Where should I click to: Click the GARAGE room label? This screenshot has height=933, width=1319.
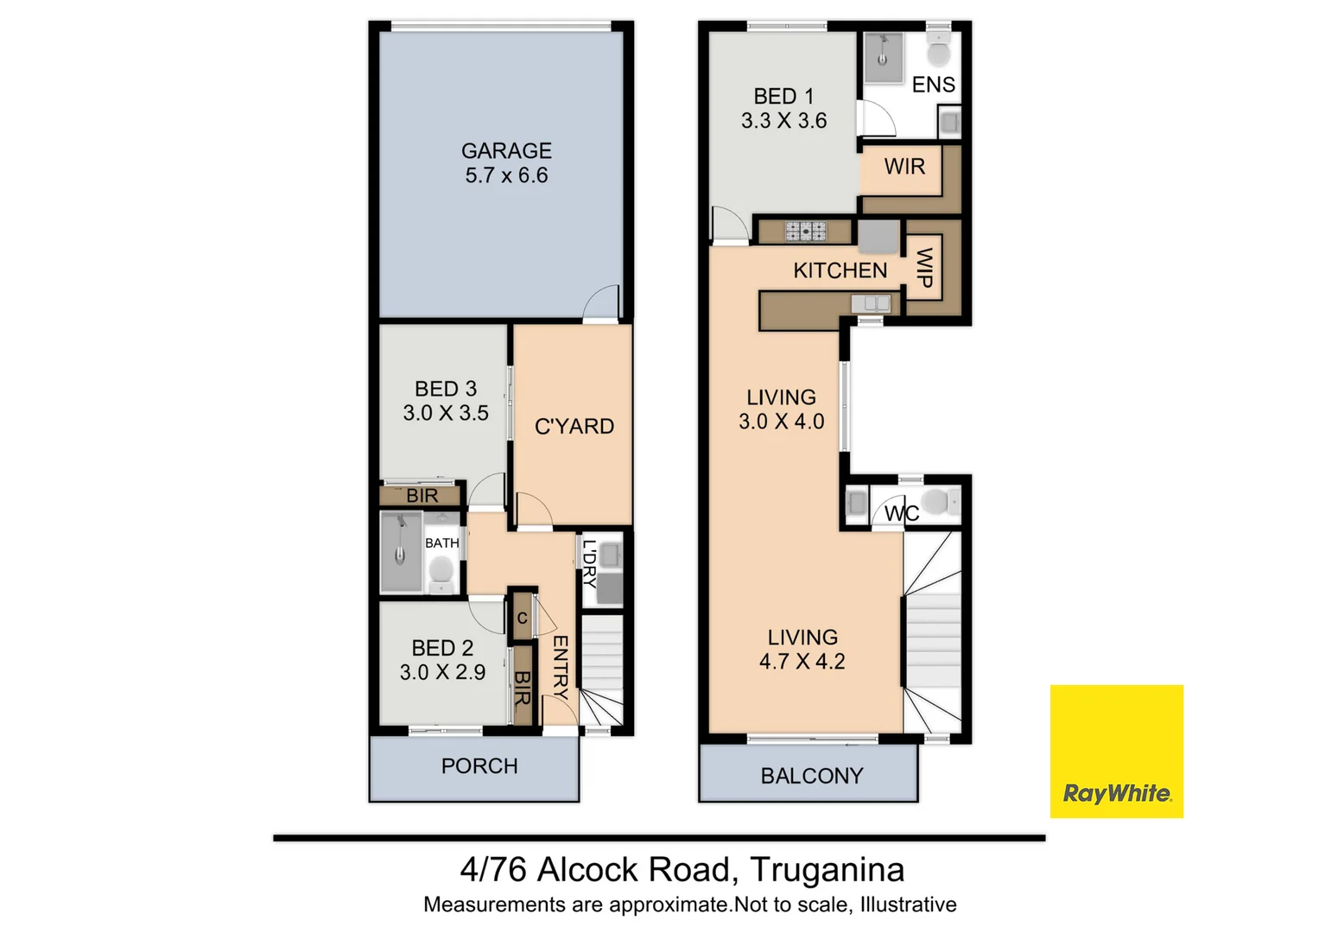point(506,150)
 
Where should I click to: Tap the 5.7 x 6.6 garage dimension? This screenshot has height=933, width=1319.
point(506,175)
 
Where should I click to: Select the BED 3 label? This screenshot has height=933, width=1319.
point(445,389)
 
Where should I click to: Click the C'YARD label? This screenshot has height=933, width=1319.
point(574,426)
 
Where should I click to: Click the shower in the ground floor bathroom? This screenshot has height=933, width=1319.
point(401,552)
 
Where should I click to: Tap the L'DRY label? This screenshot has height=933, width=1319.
point(589,563)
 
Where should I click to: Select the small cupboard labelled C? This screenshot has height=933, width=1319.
point(522,618)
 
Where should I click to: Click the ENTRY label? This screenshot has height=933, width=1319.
point(560,667)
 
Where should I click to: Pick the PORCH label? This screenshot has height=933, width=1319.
point(479,766)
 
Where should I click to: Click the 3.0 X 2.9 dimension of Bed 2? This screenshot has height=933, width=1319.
point(442,672)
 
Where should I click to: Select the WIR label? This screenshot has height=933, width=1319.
point(904,166)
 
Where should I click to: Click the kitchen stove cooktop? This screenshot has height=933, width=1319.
point(805,231)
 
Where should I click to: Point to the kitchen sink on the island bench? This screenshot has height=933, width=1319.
point(871,303)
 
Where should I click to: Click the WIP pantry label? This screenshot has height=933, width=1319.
point(923,268)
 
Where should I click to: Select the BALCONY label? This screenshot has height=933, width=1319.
point(811,776)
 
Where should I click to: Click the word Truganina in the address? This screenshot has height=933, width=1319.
point(827,869)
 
